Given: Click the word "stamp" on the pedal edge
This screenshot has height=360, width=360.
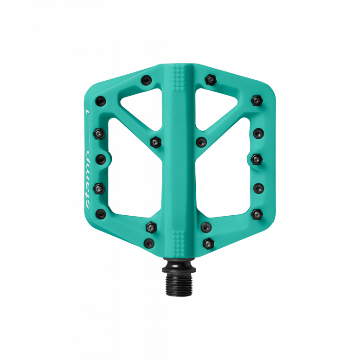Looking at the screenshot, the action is click(88, 180).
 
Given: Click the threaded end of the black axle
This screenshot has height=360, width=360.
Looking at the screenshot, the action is click(179, 284).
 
